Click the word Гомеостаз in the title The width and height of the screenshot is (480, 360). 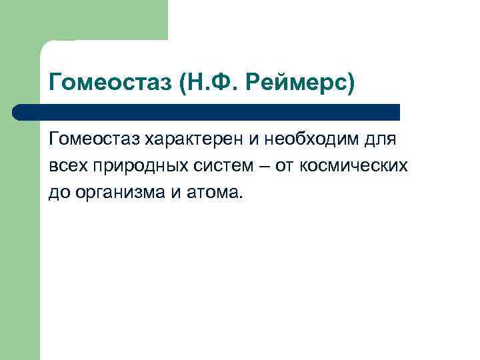110,83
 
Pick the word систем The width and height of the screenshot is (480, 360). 209,166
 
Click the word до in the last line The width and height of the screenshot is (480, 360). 58,193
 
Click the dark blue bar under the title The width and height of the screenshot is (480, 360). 207,112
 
